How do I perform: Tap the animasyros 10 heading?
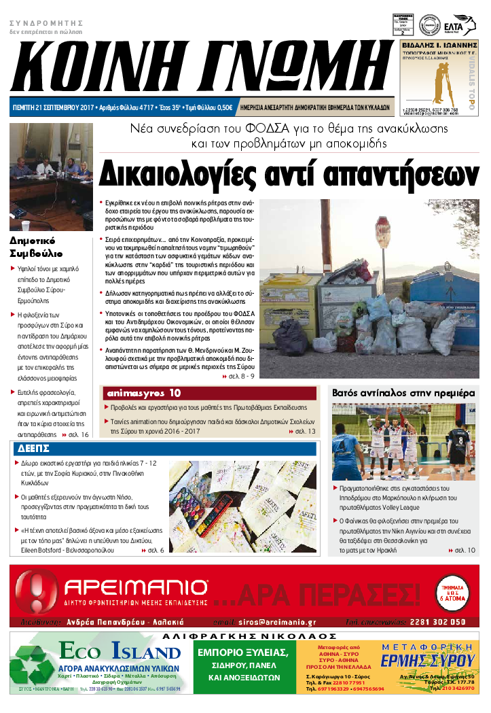point(143,393)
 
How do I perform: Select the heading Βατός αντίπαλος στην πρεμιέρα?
point(403,393)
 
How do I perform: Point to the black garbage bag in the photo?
point(293,336)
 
